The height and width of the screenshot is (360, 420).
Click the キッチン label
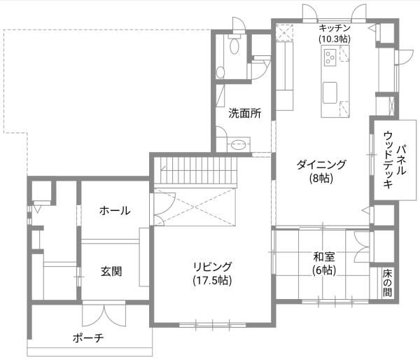334,28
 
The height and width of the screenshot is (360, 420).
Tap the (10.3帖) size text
334,39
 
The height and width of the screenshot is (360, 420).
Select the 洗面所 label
244,113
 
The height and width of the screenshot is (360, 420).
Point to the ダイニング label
321,165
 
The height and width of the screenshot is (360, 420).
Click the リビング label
213,267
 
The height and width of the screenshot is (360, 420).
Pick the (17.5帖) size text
213,280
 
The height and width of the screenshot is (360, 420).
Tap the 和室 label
323,256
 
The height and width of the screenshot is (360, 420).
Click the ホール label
114,210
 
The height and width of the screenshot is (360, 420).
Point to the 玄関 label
111,271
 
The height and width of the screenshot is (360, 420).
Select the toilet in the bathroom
234,46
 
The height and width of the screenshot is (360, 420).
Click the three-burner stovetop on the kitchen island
329,62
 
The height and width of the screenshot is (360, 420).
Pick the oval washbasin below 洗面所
238,145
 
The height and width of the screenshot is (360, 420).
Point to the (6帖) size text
323,270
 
